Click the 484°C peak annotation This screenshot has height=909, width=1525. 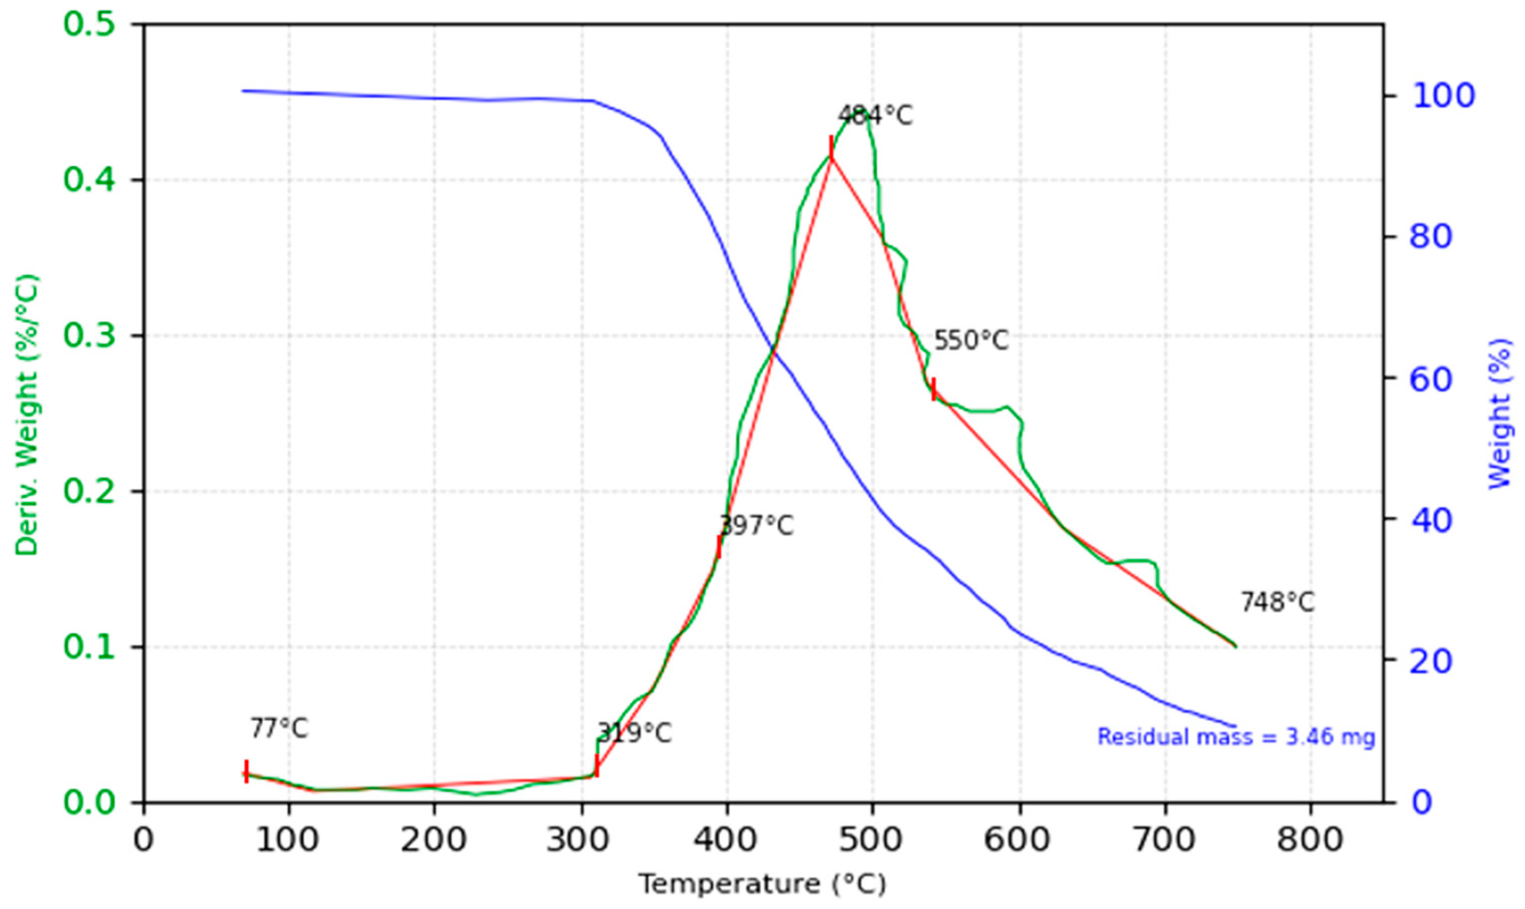[x=875, y=115]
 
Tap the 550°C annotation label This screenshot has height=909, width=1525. [x=971, y=341]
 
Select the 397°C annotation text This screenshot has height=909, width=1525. [x=756, y=526]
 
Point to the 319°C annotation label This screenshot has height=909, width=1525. [x=634, y=733]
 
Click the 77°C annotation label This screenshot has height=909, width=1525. [x=279, y=729]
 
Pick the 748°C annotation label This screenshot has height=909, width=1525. [x=1278, y=603]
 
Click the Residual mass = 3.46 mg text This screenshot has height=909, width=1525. [x=1236, y=736]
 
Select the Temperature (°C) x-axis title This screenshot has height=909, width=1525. [x=762, y=884]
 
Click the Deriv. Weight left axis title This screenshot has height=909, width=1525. [x=27, y=415]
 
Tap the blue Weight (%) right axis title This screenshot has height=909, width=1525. [x=1499, y=415]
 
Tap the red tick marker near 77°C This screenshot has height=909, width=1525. [x=246, y=772]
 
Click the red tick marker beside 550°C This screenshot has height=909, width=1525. [x=933, y=389]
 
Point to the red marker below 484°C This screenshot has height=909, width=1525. [x=831, y=148]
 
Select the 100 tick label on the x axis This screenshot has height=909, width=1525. [x=289, y=840]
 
